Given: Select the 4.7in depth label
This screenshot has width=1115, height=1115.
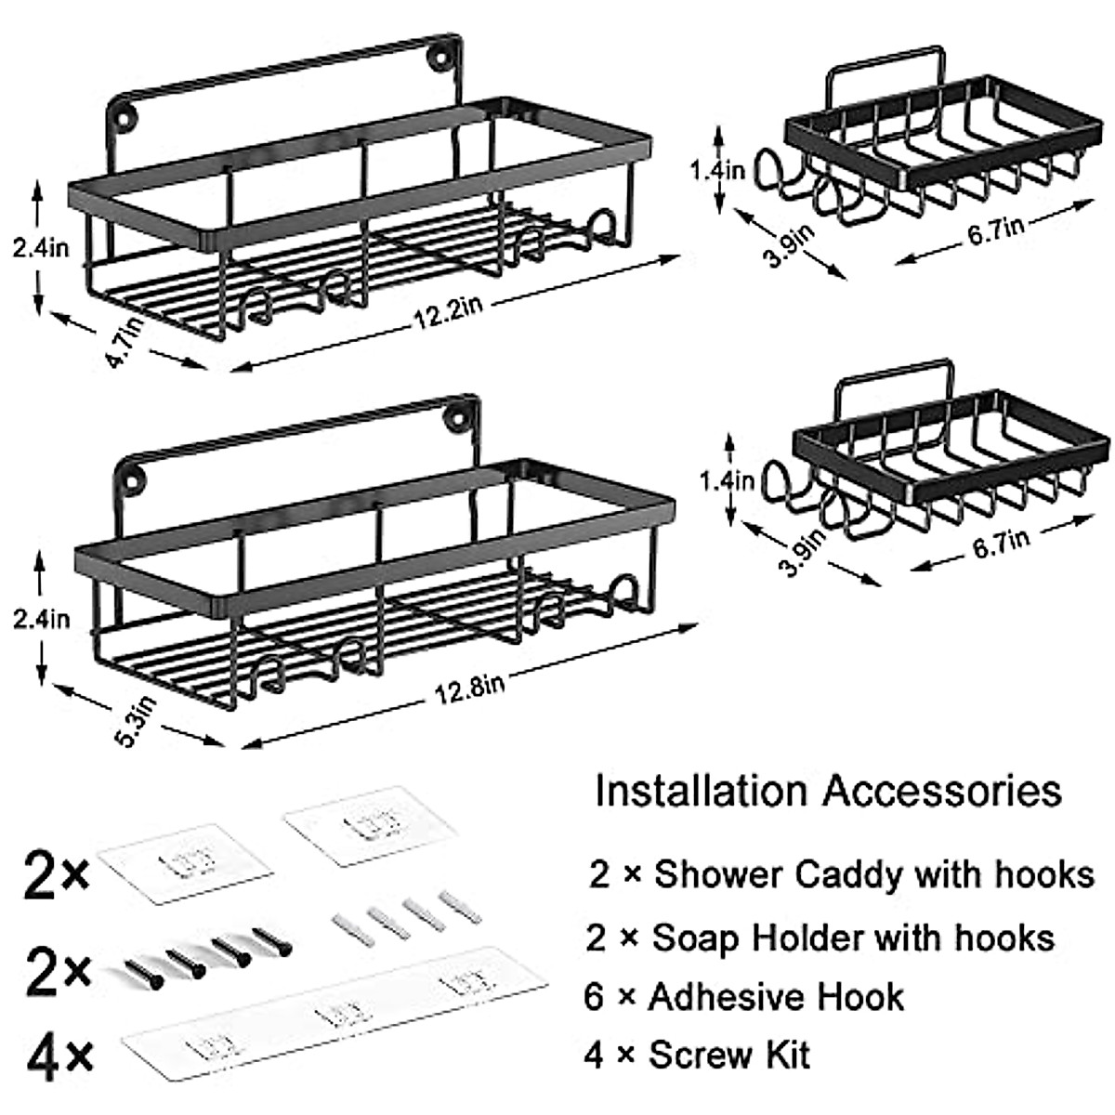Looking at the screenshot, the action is (x=125, y=343).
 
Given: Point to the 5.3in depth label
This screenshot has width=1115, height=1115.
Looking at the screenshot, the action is (x=140, y=720).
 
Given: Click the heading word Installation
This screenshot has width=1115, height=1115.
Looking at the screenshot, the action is (x=701, y=791).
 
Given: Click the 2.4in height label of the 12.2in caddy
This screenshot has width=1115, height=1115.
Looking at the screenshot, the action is (x=41, y=249).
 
